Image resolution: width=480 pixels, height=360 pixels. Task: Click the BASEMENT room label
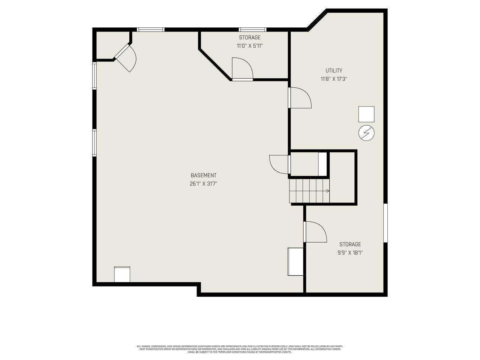coord(203,175)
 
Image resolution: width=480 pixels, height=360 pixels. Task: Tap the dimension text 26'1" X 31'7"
coord(203,184)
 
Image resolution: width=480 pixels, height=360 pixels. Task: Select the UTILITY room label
coord(333,70)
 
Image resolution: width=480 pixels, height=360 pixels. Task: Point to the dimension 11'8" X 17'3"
coord(333,79)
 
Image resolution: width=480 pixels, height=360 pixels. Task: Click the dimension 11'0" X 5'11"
coord(249,46)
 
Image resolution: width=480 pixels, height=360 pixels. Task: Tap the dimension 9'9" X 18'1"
coord(350,253)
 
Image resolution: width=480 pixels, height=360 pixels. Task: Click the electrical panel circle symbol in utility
coord(366,133)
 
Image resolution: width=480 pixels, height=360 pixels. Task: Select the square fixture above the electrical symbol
coord(366,114)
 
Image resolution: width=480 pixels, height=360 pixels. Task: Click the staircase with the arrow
coord(309,191)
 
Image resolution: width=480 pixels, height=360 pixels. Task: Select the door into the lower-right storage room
coord(315,232)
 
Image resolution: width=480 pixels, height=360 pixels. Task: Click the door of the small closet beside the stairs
coord(279,164)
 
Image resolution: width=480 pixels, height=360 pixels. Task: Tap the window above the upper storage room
coord(252,29)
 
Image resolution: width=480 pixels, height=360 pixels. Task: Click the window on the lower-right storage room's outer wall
coord(385,223)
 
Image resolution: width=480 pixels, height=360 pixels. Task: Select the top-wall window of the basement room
coord(150,29)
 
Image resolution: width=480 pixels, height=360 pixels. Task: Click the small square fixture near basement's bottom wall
coord(122,274)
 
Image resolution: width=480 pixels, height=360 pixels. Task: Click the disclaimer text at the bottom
coord(240,349)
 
